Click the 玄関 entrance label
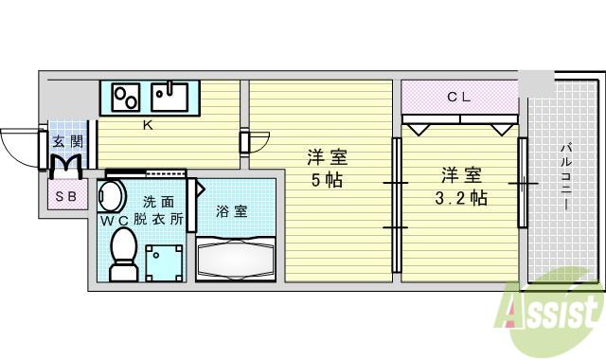coord(68,142)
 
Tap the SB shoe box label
coord(66,197)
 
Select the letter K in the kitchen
coord(148,125)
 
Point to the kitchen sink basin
coord(169,97)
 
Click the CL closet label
coord(458,97)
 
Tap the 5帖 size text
coord(327,179)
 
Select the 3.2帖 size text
coord(461,198)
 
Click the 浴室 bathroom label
coord(232,211)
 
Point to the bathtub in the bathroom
coord(236,259)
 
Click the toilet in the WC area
coord(124,254)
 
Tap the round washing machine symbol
coord(112,196)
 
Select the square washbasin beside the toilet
coord(164,262)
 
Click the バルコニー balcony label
coord(566,176)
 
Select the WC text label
coord(115,221)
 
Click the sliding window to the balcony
coord(523,183)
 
